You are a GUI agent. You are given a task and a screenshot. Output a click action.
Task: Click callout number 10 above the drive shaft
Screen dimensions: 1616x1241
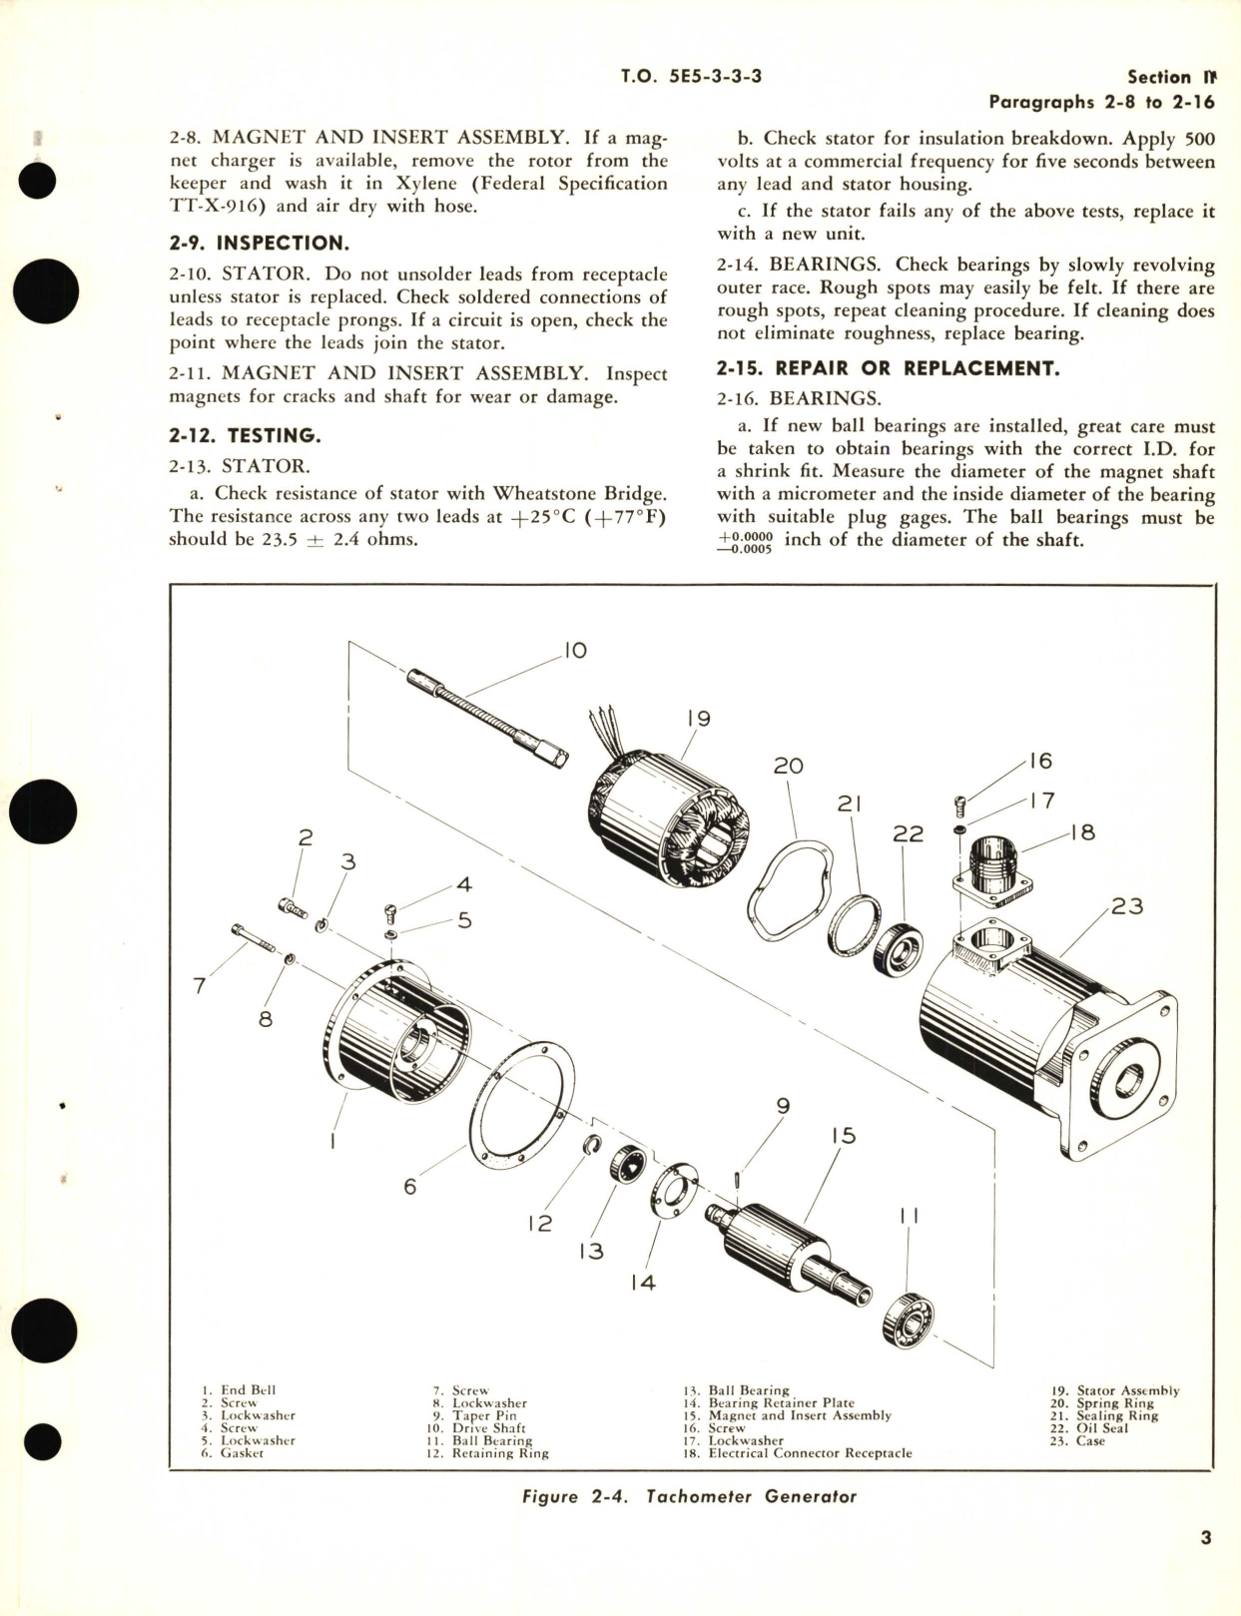pyautogui.click(x=574, y=651)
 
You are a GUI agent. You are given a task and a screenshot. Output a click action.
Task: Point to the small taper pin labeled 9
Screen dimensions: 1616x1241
pyautogui.click(x=737, y=1180)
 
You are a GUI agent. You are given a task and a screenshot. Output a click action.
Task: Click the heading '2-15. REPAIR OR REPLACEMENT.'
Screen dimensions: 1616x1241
pyautogui.click(x=888, y=368)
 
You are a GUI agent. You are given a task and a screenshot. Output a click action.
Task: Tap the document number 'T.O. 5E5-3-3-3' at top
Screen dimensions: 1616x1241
pyautogui.click(x=690, y=76)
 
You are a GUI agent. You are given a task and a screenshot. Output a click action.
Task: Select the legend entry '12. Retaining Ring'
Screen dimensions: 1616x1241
pyautogui.click(x=487, y=1453)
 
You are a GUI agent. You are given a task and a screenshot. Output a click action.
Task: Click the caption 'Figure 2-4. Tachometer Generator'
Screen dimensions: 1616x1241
pyautogui.click(x=690, y=1496)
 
